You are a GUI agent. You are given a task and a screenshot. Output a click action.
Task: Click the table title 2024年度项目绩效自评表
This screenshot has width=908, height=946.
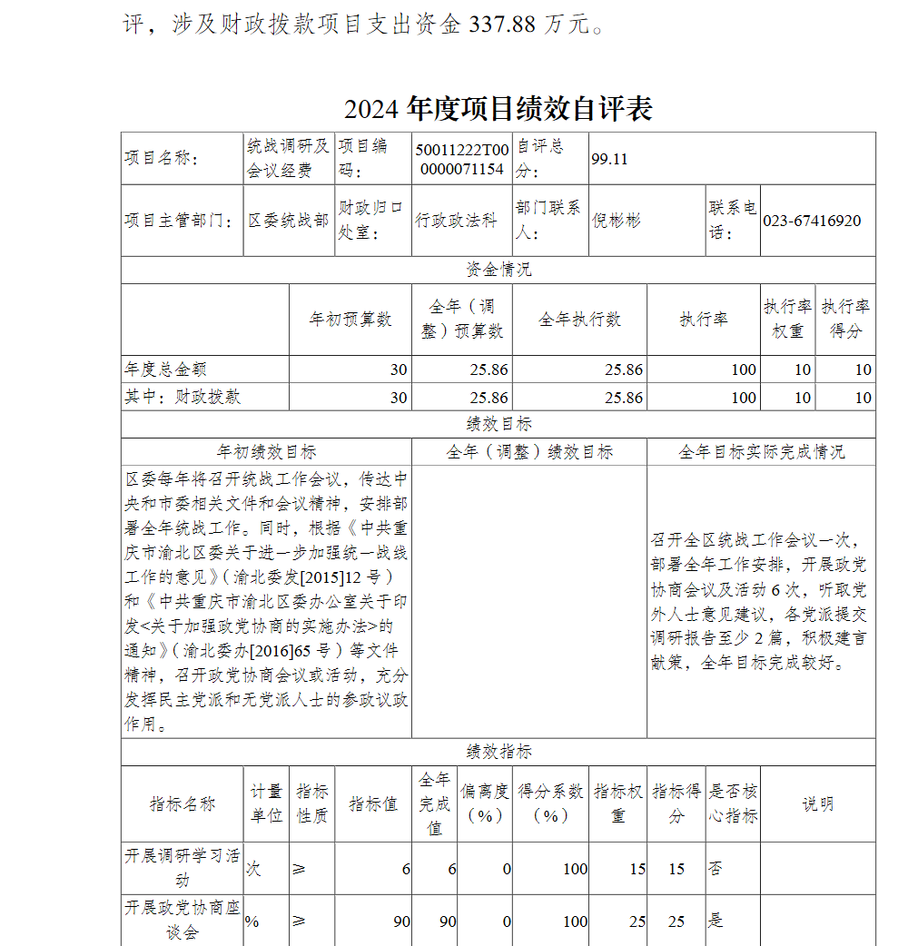(x=498, y=109)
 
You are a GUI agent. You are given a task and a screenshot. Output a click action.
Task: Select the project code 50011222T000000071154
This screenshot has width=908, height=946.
(x=461, y=159)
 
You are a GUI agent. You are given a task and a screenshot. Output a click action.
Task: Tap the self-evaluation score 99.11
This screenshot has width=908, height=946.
(x=609, y=159)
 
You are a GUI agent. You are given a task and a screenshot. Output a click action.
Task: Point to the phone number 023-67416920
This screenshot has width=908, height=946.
(x=811, y=221)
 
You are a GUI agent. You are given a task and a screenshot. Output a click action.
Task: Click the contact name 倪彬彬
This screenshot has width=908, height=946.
(x=617, y=221)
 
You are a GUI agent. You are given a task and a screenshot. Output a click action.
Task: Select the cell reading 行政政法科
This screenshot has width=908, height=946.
(x=456, y=221)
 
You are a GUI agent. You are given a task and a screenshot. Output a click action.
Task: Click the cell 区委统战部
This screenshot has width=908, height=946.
(x=289, y=221)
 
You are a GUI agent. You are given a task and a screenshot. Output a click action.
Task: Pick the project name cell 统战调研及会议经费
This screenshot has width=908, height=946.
(x=289, y=159)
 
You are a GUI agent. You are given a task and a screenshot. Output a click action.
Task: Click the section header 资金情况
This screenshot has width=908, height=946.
(x=498, y=270)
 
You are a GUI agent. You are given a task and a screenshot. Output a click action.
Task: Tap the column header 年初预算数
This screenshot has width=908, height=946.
(x=350, y=320)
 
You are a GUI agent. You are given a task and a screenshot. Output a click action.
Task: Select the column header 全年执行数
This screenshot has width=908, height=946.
(x=579, y=320)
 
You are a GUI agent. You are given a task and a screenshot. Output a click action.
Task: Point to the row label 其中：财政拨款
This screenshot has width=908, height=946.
(x=183, y=397)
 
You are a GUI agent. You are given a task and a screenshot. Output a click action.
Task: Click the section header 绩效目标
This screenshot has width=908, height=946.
(x=498, y=424)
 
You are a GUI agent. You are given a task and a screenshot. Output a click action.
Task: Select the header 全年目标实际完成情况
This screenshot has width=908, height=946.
(x=761, y=451)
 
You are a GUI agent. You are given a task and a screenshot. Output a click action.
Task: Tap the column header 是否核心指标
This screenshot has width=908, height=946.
(x=733, y=803)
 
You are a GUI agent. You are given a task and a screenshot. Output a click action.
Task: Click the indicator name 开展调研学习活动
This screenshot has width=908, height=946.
(x=183, y=868)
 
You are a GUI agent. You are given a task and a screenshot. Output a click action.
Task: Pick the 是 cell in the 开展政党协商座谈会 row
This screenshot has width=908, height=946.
(x=716, y=921)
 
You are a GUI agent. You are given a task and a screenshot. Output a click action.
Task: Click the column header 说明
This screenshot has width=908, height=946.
(x=817, y=803)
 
